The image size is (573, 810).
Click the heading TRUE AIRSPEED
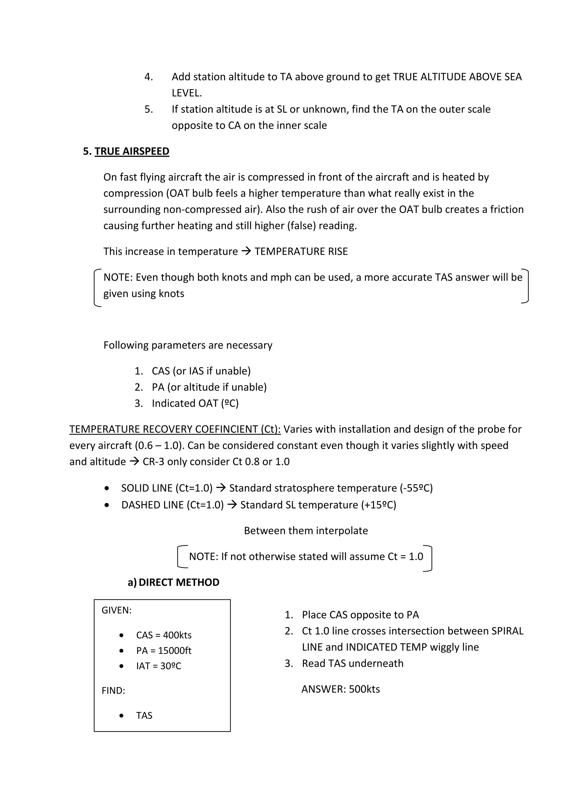pyautogui.click(x=132, y=151)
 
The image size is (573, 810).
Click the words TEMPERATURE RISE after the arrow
pyautogui.click(x=301, y=251)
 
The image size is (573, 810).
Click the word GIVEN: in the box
pyautogui.click(x=116, y=610)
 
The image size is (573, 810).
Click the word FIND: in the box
pyautogui.click(x=113, y=690)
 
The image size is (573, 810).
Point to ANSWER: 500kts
pyautogui.click(x=340, y=689)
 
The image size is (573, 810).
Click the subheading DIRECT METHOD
pyautogui.click(x=179, y=582)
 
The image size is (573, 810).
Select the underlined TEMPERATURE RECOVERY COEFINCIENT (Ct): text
pyautogui.click(x=175, y=429)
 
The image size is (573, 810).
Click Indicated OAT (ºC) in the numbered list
pyautogui.click(x=195, y=403)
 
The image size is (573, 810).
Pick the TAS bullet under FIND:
pyautogui.click(x=144, y=716)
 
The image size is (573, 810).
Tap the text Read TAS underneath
pyautogui.click(x=352, y=663)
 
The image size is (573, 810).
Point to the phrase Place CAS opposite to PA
pyautogui.click(x=360, y=615)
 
